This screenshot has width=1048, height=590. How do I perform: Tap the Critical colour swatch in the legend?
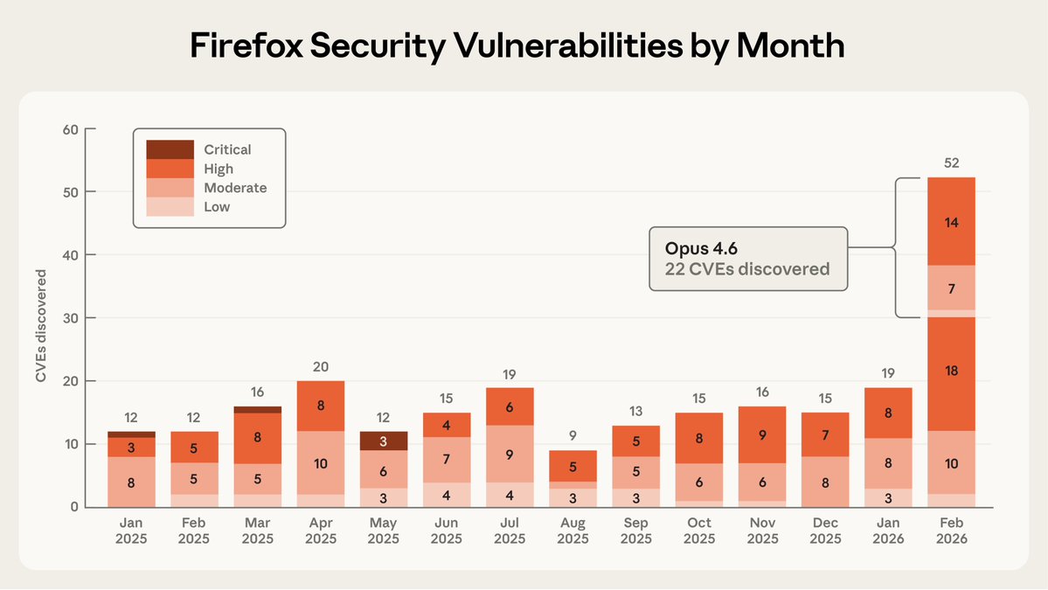tap(170, 149)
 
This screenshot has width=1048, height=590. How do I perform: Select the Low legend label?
tap(217, 207)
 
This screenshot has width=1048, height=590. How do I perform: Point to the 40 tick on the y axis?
tap(70, 255)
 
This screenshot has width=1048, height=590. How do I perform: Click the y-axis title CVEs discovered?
tap(40, 326)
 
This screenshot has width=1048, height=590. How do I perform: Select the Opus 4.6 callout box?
tap(748, 259)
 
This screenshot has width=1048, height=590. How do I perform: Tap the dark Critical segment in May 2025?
tap(383, 441)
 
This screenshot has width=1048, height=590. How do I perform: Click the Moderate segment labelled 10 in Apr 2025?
tap(320, 463)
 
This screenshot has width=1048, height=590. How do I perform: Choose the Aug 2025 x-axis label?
tap(573, 531)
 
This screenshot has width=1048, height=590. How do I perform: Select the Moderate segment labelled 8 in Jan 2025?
tap(131, 481)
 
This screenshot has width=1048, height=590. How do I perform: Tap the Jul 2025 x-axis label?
tap(510, 531)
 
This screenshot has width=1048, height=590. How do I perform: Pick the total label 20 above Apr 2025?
tap(320, 367)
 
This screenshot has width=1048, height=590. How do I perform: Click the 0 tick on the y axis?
tap(73, 507)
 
